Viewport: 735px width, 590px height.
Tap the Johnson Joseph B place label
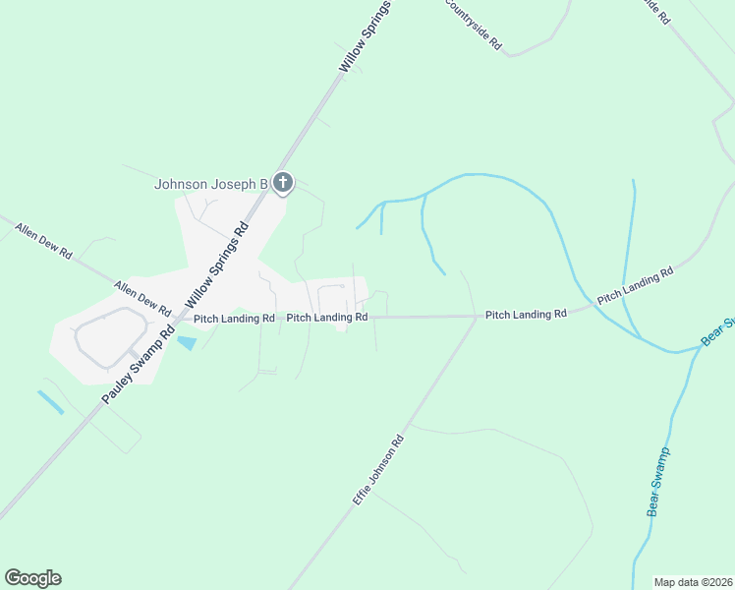point(211,184)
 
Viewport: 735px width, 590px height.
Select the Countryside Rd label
point(474,25)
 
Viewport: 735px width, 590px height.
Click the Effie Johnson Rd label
point(378,471)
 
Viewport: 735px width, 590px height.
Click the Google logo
point(32,578)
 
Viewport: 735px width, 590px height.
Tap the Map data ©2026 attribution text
point(694,582)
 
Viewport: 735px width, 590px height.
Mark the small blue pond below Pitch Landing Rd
point(186,343)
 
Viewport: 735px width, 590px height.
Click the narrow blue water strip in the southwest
point(50,402)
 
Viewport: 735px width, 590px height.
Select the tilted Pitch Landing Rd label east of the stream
point(635,283)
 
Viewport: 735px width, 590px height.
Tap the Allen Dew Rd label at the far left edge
point(43,241)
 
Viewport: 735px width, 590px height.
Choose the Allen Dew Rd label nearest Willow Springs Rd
point(142,299)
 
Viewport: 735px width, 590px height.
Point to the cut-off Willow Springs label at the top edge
point(366,35)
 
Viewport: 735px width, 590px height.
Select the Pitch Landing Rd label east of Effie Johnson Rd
point(526,315)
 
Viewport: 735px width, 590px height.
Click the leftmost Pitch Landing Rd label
point(234,319)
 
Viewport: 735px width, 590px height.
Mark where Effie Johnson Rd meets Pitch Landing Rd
point(476,317)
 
